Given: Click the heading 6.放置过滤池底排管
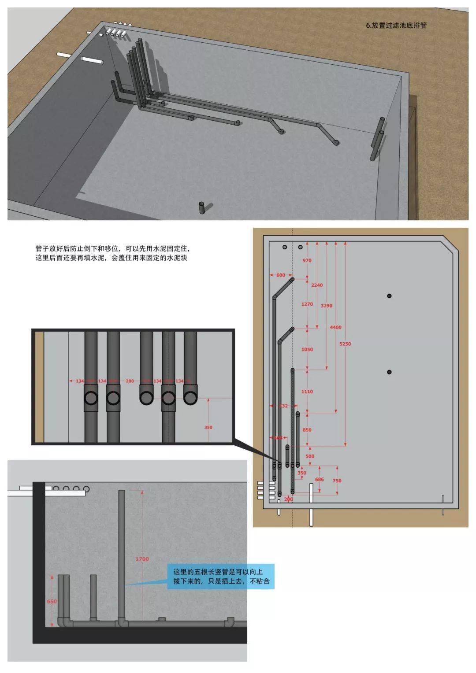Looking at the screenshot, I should (396, 26).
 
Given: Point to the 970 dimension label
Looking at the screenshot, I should (307, 260).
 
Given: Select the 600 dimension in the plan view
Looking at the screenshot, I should (281, 275).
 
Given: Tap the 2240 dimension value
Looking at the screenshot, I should (317, 285).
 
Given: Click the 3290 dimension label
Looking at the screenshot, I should (327, 305).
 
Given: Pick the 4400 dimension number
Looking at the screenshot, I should (335, 327).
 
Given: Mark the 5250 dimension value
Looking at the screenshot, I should (345, 344).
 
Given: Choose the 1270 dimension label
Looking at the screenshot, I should (307, 304).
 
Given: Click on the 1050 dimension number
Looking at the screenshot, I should (307, 349).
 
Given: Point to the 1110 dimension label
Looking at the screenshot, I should (307, 392).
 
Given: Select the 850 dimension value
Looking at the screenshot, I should (307, 430).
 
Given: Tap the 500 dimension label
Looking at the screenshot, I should (310, 456).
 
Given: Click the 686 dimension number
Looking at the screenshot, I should (319, 479).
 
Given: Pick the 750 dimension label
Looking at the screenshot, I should (337, 481).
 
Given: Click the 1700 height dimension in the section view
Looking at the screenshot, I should (142, 559).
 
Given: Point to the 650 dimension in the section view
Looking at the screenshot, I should (52, 601).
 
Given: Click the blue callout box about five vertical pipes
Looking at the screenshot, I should (221, 577).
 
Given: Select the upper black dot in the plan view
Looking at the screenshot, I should (389, 296).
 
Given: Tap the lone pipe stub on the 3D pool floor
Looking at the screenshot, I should (202, 207).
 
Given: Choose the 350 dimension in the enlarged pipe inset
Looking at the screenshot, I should (208, 427).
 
